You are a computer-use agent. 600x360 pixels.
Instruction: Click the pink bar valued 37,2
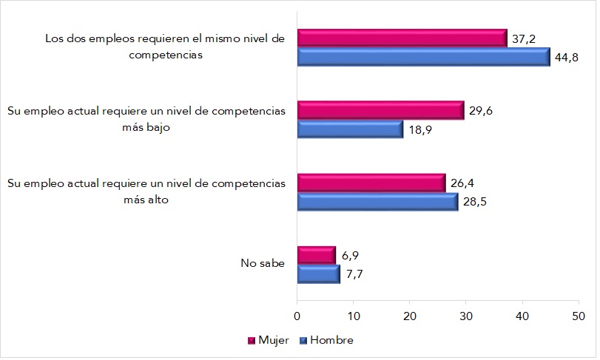pos(402,38)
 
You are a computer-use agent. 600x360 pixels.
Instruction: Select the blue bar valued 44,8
pos(423,57)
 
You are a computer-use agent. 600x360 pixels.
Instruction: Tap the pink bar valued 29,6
pos(380,111)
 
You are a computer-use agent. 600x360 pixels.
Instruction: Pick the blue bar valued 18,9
pos(350,129)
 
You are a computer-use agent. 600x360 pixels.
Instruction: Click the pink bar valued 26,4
pos(371,183)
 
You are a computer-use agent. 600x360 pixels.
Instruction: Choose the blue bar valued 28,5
pos(377,201)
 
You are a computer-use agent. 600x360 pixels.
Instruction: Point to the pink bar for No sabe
pos(316,255)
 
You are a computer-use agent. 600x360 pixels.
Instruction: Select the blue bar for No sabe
pos(318,274)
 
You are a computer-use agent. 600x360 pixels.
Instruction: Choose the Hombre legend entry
pos(326,340)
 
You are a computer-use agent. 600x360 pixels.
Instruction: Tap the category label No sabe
pos(262,264)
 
